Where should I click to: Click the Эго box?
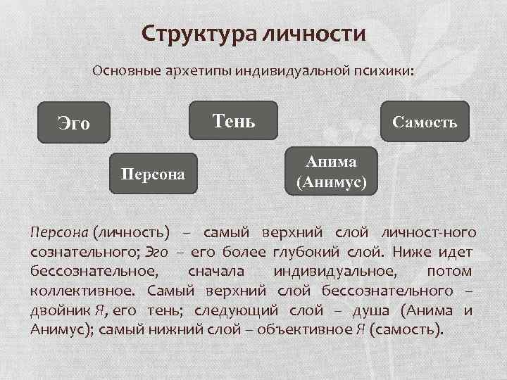tap(74, 122)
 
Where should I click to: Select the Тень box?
tap(234, 121)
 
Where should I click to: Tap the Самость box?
tap(425, 122)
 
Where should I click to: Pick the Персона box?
tap(153, 172)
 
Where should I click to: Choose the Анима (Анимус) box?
tap(331, 172)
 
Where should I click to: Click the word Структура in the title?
tap(199, 33)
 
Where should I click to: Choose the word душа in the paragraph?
tap(370, 310)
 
